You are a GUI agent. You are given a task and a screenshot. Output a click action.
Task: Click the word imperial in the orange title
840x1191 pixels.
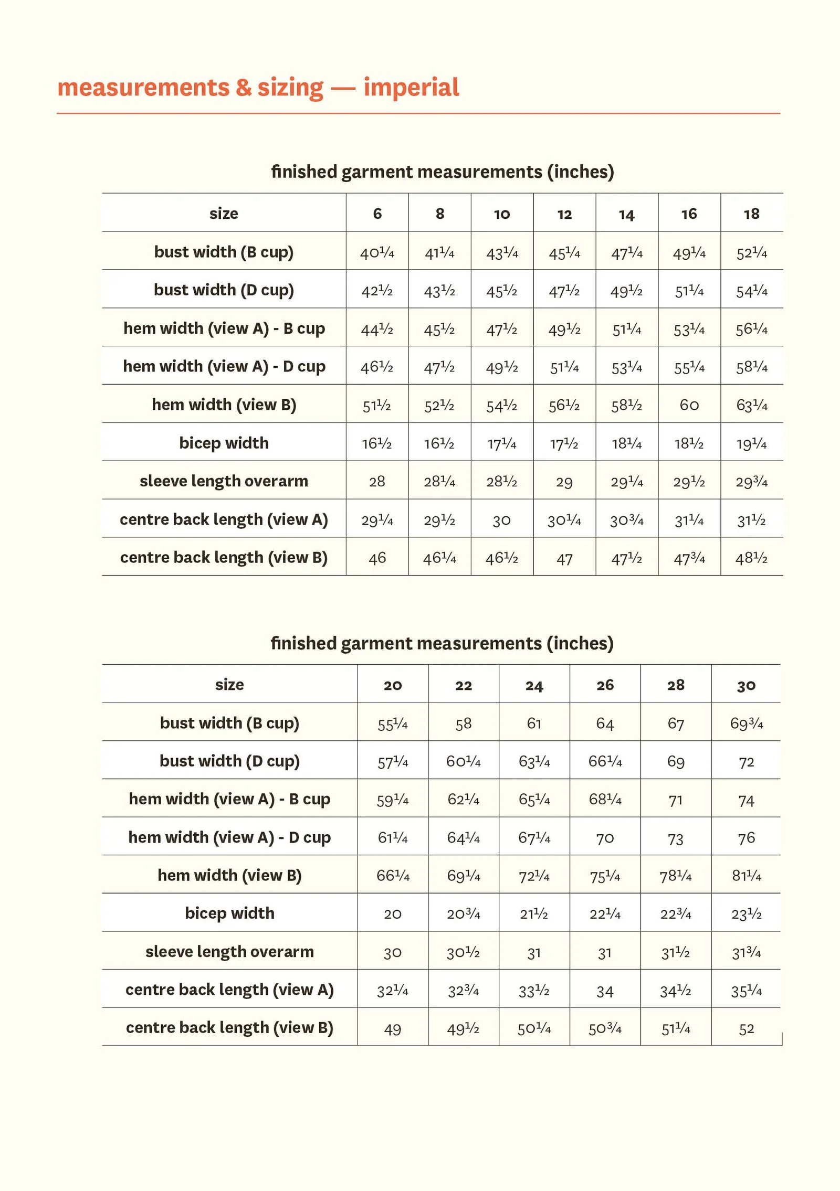[411, 87]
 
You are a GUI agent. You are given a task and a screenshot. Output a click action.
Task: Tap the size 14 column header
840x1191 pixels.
[626, 214]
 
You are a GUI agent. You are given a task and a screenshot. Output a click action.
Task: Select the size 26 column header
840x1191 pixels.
[605, 685]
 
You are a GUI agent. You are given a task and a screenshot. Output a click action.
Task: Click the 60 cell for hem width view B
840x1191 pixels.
[689, 405]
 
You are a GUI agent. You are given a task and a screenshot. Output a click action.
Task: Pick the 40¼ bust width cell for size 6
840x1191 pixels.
[377, 253]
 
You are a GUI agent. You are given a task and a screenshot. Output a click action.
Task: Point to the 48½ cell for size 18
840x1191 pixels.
[751, 558]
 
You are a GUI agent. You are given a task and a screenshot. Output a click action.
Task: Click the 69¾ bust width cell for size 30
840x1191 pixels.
[746, 724]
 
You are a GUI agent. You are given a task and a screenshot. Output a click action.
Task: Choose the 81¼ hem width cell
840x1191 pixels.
[746, 876]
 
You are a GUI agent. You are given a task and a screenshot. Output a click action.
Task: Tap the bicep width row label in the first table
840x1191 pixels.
[224, 443]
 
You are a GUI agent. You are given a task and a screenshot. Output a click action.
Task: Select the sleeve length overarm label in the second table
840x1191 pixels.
[229, 951]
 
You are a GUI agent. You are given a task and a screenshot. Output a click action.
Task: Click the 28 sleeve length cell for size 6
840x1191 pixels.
[377, 482]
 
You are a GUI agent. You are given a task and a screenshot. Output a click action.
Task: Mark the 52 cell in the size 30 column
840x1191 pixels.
[746, 1029]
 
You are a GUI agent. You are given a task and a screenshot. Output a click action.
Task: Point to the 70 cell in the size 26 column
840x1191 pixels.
[605, 838]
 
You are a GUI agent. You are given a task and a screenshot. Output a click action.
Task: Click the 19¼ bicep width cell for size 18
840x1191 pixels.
[751, 444]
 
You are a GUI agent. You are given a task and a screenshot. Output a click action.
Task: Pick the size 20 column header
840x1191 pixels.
[393, 685]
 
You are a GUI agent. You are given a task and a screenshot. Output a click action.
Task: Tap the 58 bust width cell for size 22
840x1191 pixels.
[463, 724]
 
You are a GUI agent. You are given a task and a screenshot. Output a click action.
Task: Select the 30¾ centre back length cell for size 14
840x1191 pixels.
[626, 520]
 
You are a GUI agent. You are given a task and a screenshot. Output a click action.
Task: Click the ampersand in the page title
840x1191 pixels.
[243, 87]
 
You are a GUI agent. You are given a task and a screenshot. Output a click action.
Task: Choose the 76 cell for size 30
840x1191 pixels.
[746, 838]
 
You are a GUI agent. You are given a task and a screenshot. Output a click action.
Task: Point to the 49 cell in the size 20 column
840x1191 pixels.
[393, 1029]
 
